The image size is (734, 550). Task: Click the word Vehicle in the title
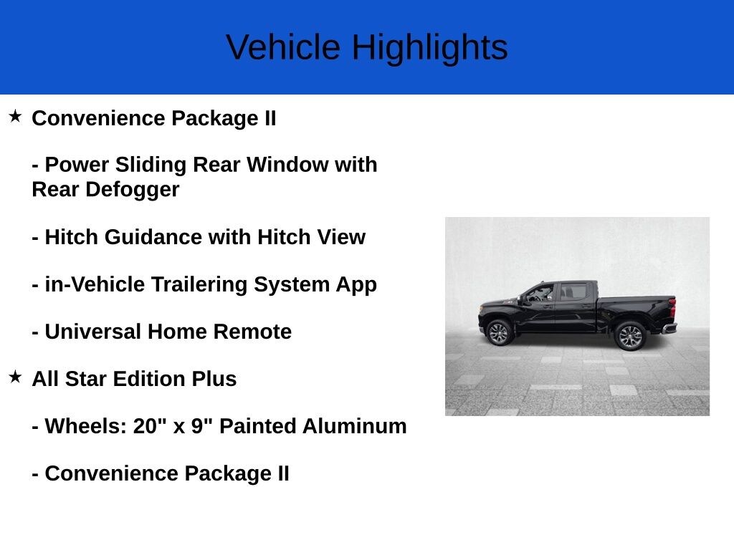click(283, 47)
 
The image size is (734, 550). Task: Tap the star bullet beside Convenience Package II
click(16, 116)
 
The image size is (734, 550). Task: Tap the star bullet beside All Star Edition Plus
click(16, 377)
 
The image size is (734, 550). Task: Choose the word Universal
click(96, 332)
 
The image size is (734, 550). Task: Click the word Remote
click(252, 332)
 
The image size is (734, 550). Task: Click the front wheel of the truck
click(499, 333)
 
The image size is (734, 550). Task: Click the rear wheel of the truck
click(631, 336)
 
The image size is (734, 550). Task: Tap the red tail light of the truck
click(672, 307)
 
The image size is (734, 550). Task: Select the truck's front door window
click(540, 293)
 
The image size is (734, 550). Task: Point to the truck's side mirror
click(523, 301)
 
